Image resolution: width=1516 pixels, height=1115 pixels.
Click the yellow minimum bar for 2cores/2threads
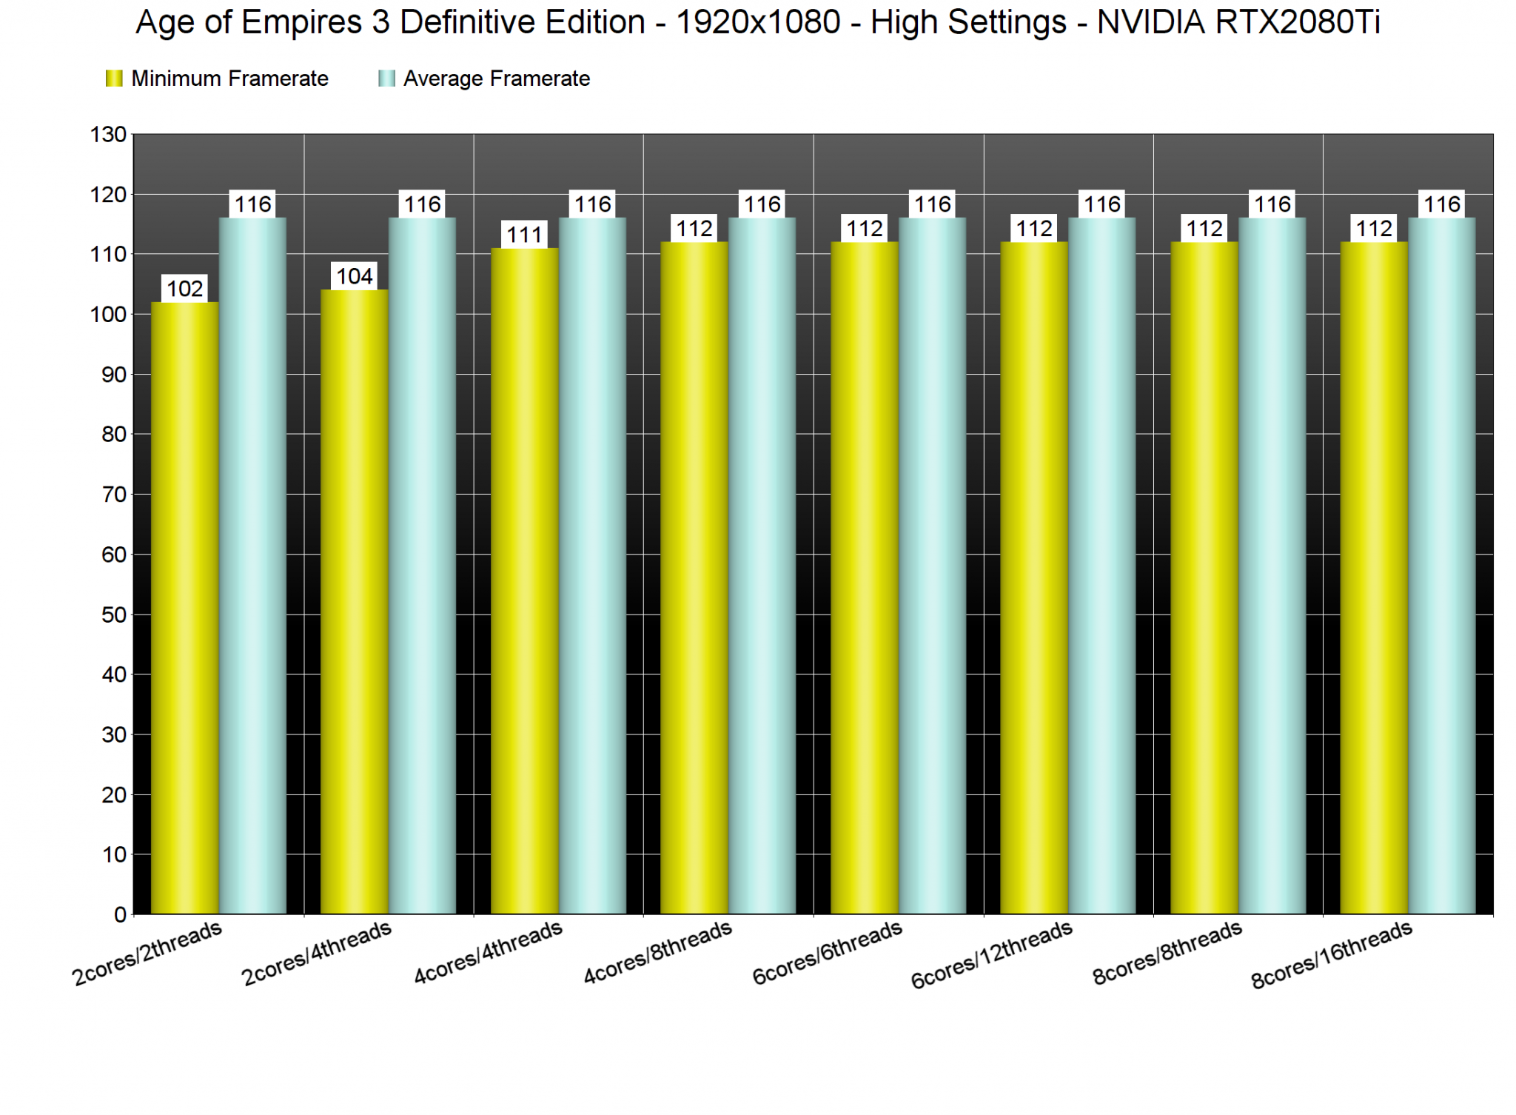pos(185,607)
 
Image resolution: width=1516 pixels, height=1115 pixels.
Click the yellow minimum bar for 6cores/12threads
pos(1034,577)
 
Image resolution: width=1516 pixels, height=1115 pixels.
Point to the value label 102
pos(185,289)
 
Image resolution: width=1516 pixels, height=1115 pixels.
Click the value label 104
pos(355,277)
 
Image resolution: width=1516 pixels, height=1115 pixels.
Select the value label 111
pos(525,235)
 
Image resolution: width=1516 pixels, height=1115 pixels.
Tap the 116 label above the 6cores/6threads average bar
pos(932,204)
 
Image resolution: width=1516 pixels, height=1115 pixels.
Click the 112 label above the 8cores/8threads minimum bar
pos(1204,229)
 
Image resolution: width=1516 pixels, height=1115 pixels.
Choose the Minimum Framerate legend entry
pos(218,78)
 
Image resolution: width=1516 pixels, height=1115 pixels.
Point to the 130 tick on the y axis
pos(108,135)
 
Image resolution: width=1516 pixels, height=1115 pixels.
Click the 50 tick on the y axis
pos(113,615)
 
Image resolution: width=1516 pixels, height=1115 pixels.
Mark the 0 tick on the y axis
pos(120,915)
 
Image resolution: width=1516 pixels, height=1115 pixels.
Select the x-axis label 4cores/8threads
pos(658,953)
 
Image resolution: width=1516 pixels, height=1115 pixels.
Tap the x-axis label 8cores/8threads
pos(1167,953)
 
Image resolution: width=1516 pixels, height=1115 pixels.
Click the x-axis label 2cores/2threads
pos(147,954)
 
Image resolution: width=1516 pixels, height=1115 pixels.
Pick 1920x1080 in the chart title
pos(758,22)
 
